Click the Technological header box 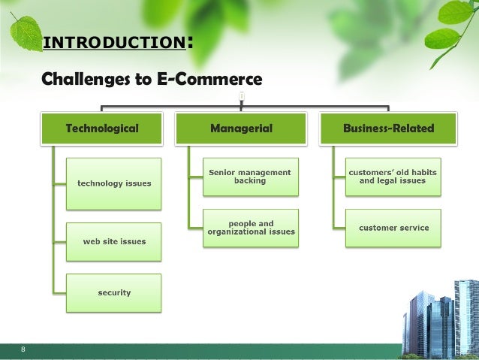pyautogui.click(x=102, y=128)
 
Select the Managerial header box pyautogui.click(x=242, y=128)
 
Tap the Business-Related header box pyautogui.click(x=389, y=128)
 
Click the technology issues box pyautogui.click(x=114, y=183)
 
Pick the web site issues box pyautogui.click(x=114, y=241)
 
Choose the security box pyautogui.click(x=114, y=292)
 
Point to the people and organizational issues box pyautogui.click(x=251, y=228)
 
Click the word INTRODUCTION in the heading pyautogui.click(x=113, y=43)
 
